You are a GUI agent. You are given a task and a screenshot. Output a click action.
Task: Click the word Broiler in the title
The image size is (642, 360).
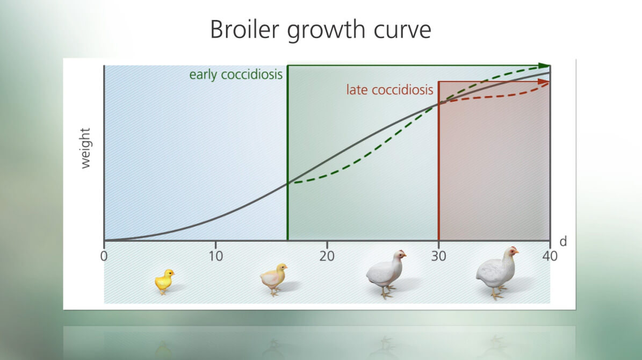coord(244,30)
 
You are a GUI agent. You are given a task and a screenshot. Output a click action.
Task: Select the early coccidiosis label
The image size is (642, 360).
coord(236,75)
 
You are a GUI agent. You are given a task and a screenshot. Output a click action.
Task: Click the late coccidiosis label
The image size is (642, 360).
coord(390,90)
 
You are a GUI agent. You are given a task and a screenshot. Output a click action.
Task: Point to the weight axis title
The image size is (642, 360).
coord(85,148)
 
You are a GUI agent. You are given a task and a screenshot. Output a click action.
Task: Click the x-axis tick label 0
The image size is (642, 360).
coord(104,256)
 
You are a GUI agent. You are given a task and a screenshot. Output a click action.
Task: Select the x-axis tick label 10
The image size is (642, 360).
coord(216,256)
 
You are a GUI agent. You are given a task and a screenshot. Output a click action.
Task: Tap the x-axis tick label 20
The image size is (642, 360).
coord(327,256)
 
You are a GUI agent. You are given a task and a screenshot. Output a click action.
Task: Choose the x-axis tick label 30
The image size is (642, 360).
coord(438,256)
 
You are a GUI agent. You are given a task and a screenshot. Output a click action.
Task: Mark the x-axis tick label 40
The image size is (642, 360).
coord(550,256)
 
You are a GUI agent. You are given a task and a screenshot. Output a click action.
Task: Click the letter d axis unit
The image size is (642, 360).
coord(564,241)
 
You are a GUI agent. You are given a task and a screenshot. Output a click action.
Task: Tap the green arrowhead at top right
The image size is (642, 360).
coord(545,66)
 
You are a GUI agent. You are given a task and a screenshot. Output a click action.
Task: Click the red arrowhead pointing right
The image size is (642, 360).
coord(543,82)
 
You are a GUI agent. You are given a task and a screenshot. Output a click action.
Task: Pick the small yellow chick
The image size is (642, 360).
coord(164,281)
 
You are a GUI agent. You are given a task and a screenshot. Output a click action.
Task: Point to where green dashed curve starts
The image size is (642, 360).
coord(289,182)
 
